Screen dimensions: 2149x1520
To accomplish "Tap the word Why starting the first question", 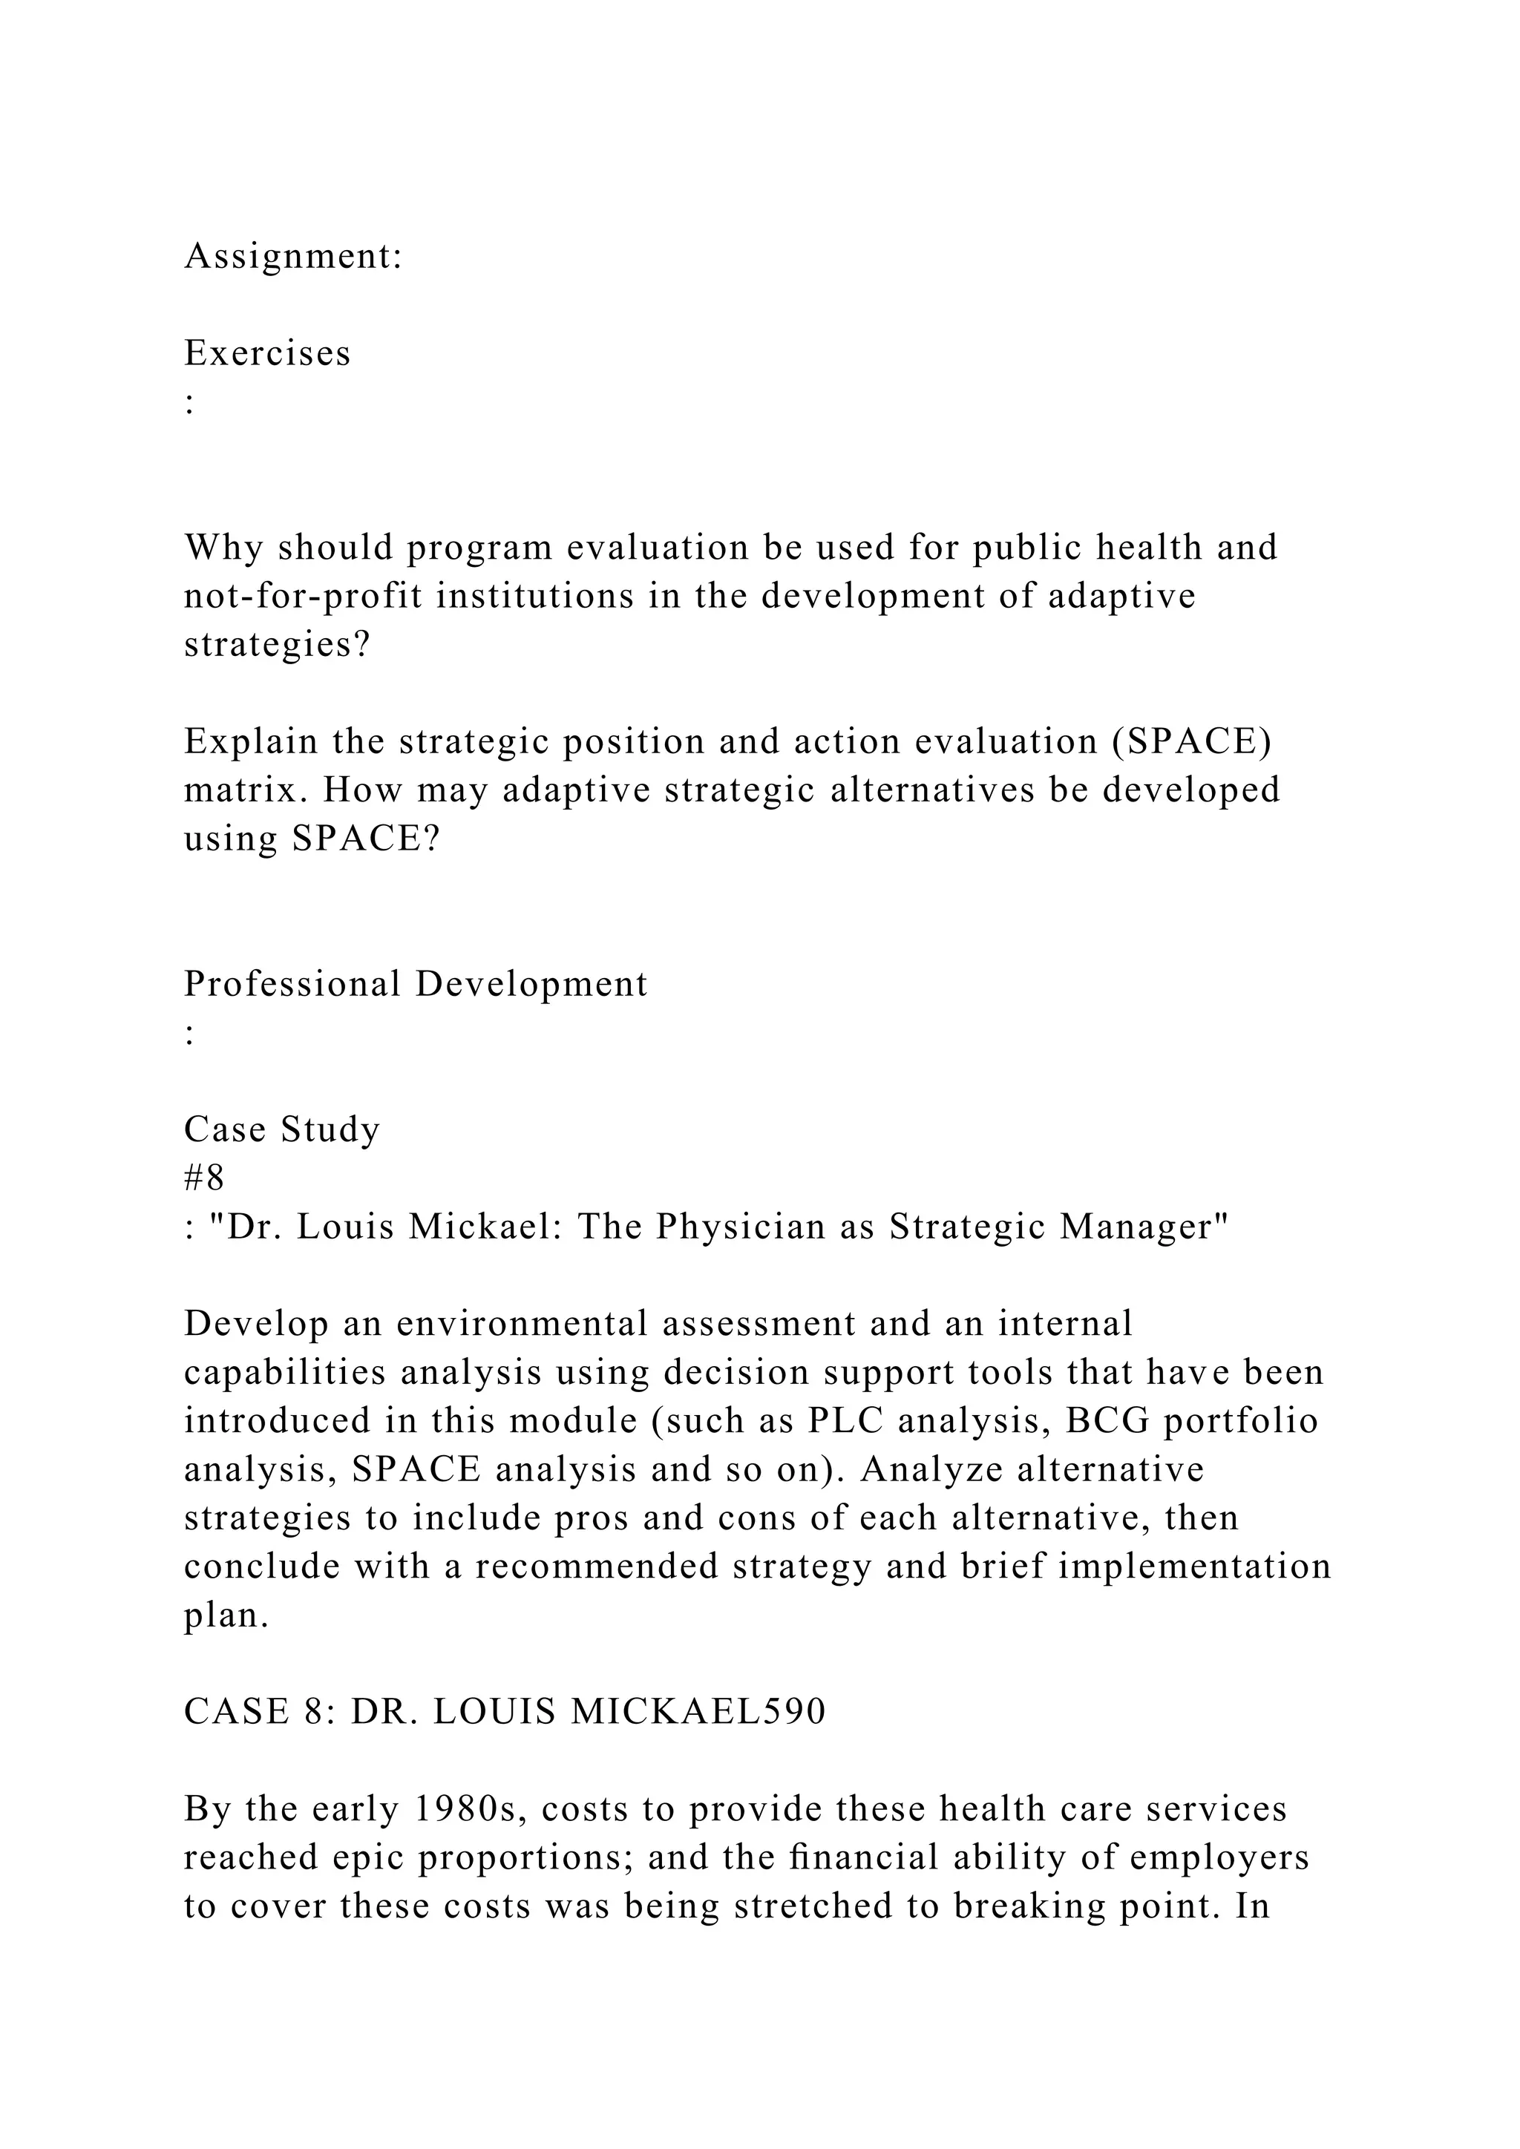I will click(x=223, y=548).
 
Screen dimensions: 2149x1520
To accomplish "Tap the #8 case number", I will click(x=205, y=1178).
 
